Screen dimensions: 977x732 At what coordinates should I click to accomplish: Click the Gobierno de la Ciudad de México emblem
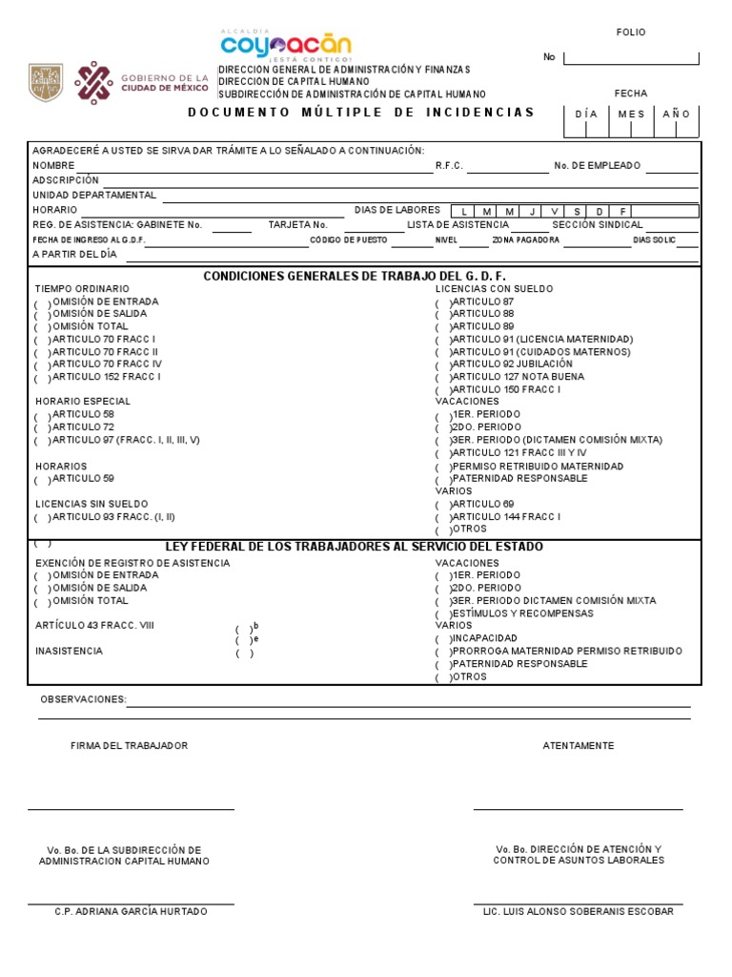point(93,83)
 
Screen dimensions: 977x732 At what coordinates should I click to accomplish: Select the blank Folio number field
point(631,58)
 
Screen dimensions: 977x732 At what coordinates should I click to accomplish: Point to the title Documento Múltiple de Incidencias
point(361,113)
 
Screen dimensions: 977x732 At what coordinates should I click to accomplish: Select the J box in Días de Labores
point(532,211)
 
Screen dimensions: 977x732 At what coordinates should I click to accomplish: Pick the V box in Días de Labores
point(554,211)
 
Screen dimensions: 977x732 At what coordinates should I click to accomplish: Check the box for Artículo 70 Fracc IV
point(43,365)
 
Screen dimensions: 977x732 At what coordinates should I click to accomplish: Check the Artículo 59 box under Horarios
point(43,480)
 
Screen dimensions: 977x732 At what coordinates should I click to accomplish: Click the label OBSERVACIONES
point(83,699)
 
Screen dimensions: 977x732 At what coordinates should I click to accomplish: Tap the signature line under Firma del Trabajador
point(131,809)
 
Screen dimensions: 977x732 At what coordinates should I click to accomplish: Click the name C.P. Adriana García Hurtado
point(131,912)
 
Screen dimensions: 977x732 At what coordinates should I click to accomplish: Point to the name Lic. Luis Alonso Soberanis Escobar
point(579,912)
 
